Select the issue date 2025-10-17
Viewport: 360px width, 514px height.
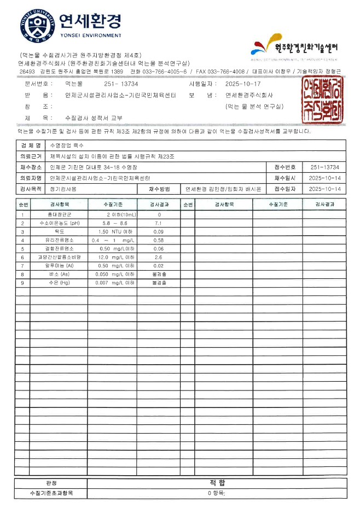tap(243, 84)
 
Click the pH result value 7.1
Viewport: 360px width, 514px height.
tap(159, 224)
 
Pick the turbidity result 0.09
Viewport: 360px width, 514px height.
tap(159, 232)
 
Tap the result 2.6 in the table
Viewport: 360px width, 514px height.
tap(159, 257)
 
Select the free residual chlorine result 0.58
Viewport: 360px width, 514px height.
tap(159, 240)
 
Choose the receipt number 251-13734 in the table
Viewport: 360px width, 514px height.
tap(324, 167)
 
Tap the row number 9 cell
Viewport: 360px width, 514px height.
tap(22, 283)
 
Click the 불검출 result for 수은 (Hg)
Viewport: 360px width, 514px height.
tap(159, 283)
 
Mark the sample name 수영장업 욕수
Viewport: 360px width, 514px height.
tap(65, 146)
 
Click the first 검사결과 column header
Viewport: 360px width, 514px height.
tap(159, 204)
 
